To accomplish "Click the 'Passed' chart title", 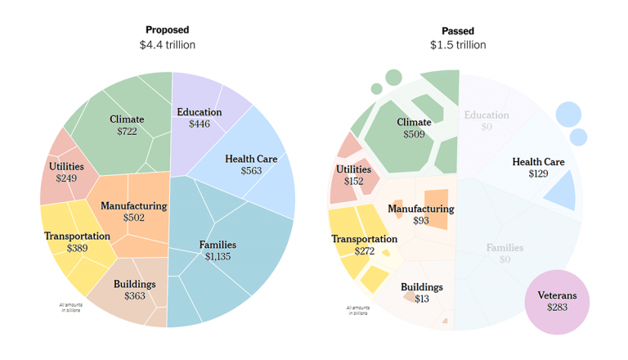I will click(x=458, y=29).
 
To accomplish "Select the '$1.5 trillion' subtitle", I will click(x=458, y=45).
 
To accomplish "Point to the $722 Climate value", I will click(x=126, y=132).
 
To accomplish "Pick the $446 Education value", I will click(x=199, y=124).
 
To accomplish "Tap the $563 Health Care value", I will click(x=252, y=171).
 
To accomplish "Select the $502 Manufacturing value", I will click(x=134, y=218).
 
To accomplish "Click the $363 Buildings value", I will click(x=135, y=296).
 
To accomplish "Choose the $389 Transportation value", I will click(x=78, y=249).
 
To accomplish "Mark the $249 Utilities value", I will click(x=67, y=178).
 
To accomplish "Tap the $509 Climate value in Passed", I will click(x=414, y=134).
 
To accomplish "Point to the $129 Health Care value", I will click(x=538, y=174).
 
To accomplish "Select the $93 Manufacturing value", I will click(x=420, y=221).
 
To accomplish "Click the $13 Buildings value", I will click(x=422, y=299).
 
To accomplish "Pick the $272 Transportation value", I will click(x=365, y=251).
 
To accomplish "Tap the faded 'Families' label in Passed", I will click(x=505, y=247).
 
